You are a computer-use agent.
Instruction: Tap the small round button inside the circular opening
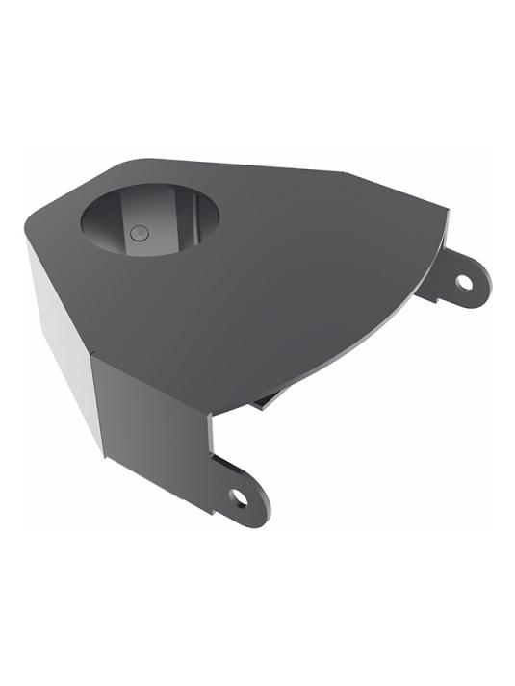click(139, 232)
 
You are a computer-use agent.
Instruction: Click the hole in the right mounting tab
click(464, 282)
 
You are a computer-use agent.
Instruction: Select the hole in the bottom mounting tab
click(238, 497)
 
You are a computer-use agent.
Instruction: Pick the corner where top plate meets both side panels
click(91, 358)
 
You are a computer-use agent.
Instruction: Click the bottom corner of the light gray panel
click(102, 452)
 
